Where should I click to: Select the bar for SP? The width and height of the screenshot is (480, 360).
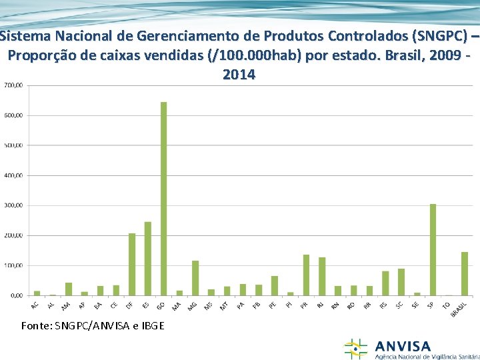point(433,250)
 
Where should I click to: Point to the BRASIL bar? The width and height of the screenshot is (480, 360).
point(465,274)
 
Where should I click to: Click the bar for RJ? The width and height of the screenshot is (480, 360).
point(322,277)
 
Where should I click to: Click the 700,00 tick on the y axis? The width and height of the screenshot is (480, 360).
point(13,85)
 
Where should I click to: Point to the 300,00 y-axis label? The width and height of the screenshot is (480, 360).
point(13,205)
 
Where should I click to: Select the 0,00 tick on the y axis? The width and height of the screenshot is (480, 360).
point(15,295)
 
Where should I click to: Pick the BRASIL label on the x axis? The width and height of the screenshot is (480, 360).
point(459,308)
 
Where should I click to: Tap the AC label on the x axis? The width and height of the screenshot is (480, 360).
point(35,305)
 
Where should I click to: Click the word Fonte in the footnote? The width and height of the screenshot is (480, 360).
point(34,325)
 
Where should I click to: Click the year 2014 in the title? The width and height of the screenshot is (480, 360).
point(239,75)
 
